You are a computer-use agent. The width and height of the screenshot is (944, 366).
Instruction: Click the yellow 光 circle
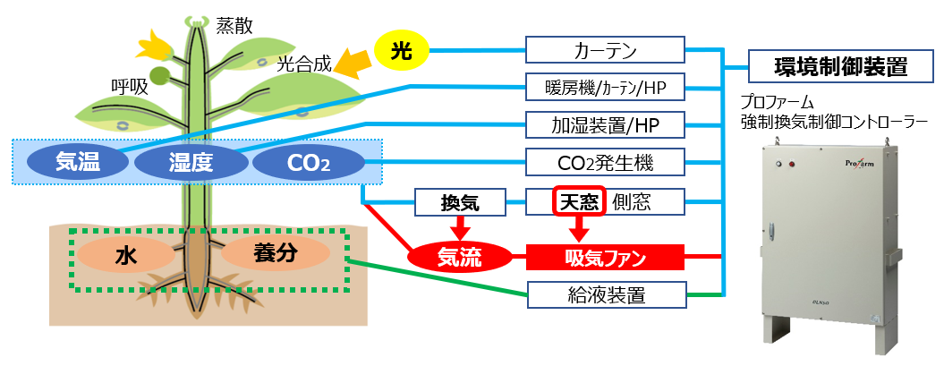[x=403, y=51]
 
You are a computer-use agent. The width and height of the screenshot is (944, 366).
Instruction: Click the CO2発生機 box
[x=605, y=163]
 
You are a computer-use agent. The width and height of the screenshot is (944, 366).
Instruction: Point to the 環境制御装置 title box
[x=828, y=66]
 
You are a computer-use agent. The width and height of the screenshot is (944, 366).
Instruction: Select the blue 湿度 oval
[x=190, y=162]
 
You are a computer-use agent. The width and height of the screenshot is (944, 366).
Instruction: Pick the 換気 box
[x=460, y=202]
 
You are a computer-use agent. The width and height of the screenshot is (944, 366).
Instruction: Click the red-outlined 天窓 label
[x=578, y=201]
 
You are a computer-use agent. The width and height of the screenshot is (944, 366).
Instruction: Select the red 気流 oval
[x=459, y=258]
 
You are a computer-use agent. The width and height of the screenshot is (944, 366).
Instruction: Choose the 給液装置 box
[x=605, y=294]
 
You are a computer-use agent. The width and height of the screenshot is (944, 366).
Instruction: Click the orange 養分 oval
[x=272, y=254]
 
